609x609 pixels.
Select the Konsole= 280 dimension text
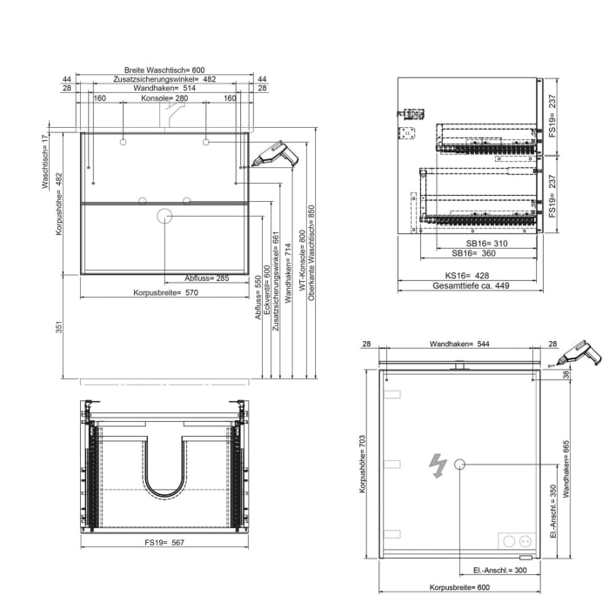[164, 98]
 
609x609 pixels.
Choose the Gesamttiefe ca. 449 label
[470, 286]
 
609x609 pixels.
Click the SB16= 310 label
[473, 243]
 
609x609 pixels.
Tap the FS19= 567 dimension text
[164, 542]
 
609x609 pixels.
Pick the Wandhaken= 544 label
[459, 345]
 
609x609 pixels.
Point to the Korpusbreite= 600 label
[459, 587]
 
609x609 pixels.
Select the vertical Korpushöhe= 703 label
[362, 467]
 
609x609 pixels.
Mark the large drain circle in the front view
[165, 216]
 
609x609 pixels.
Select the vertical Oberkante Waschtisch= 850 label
[310, 252]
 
